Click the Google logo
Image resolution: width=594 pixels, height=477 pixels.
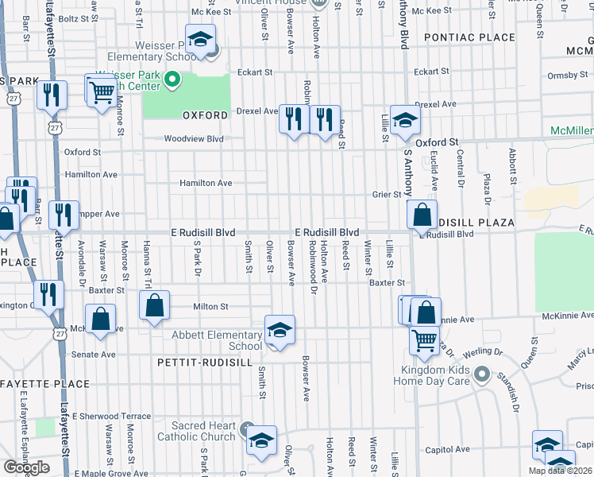(26, 467)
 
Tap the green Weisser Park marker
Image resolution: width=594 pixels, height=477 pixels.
(172, 79)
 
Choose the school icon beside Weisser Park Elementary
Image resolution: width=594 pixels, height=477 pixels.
(202, 39)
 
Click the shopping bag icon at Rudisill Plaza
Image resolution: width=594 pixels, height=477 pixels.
(422, 214)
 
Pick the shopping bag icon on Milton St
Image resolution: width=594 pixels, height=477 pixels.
(155, 304)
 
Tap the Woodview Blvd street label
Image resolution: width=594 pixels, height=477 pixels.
(194, 138)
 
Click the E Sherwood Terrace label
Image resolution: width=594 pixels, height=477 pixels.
(111, 416)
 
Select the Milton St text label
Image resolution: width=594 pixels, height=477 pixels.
(212, 306)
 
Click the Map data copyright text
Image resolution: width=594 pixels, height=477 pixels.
(560, 471)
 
